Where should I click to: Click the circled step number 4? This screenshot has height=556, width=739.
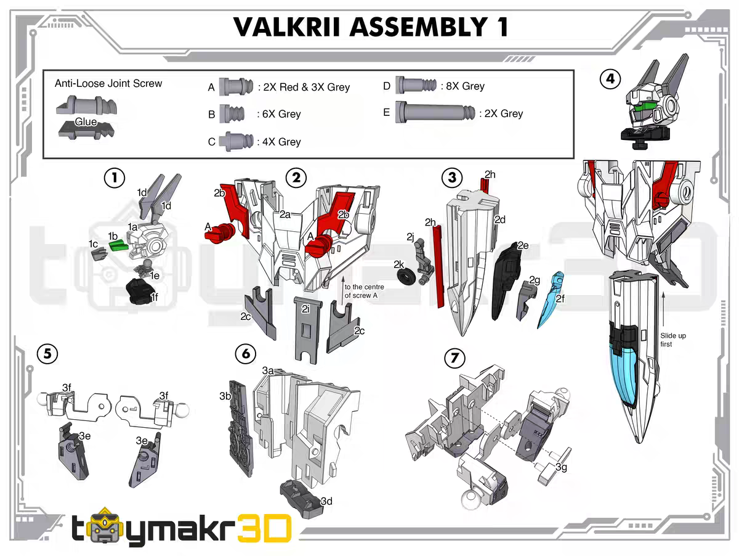(x=610, y=80)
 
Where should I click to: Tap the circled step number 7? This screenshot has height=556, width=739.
(x=454, y=358)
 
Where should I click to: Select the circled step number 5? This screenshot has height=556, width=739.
(x=47, y=353)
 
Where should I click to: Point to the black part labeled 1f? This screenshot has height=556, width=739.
(x=141, y=290)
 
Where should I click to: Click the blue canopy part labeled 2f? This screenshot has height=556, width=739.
(x=550, y=300)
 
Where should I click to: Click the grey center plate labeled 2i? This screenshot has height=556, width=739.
(x=305, y=330)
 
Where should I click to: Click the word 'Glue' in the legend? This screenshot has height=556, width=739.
(x=86, y=122)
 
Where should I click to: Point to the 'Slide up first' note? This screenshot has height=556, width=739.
(x=673, y=340)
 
